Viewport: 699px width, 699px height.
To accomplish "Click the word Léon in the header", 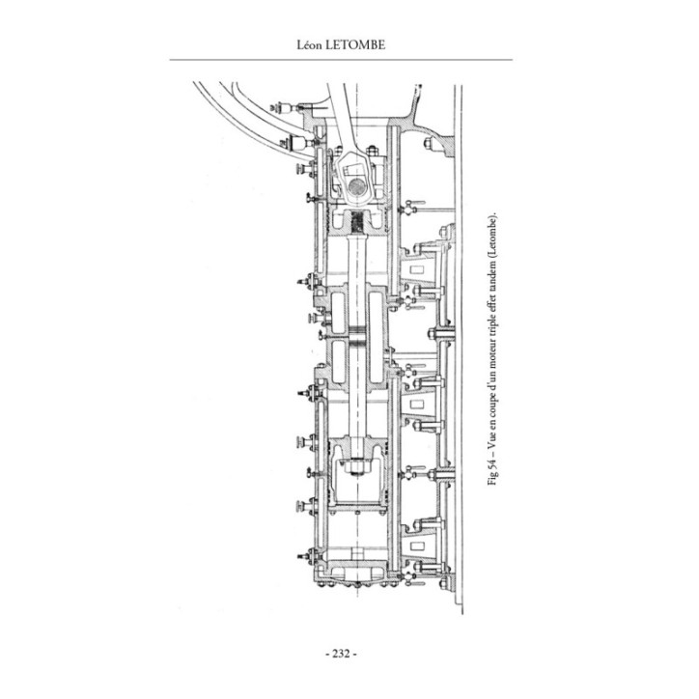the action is [x=309, y=45].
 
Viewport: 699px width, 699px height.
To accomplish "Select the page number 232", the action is [x=341, y=654].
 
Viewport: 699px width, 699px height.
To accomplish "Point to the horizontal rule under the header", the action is [x=341, y=59].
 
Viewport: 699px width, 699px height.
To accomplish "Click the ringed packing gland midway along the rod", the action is [x=358, y=337].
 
